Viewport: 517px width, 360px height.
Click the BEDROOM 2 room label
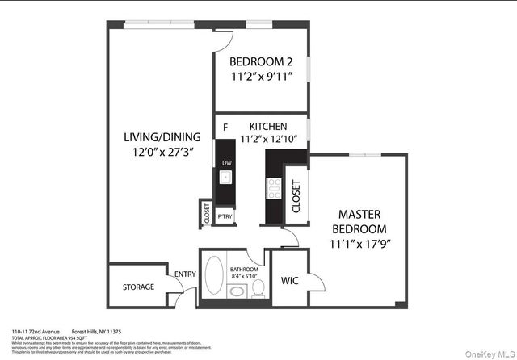[260, 61]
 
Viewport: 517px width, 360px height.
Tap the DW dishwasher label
[226, 164]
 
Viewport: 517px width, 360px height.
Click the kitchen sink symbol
[226, 179]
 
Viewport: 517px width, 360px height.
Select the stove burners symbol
[273, 190]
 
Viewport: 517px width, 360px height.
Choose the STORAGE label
[138, 287]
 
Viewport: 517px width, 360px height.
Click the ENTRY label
[184, 274]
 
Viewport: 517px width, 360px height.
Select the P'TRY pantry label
[226, 216]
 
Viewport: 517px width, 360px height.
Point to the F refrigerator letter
[225, 127]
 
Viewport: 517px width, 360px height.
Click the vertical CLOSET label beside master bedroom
[296, 196]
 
